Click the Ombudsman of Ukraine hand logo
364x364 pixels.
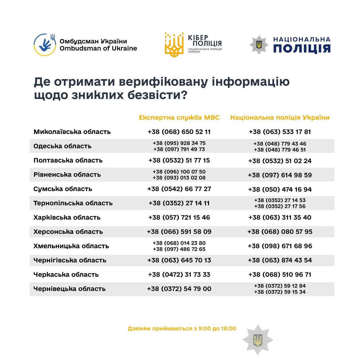[x=44, y=45]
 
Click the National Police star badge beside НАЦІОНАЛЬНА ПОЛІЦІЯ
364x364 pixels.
[x=259, y=45]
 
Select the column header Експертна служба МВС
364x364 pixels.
[x=179, y=117]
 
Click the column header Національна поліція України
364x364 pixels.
[x=280, y=117]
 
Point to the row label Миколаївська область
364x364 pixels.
[x=72, y=132]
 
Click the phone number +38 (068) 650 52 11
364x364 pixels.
[x=179, y=132]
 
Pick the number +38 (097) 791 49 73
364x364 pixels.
[x=179, y=149]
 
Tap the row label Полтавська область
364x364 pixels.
[x=68, y=160]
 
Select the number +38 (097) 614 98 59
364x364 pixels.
[x=280, y=175]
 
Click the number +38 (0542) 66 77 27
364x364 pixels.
[x=179, y=189]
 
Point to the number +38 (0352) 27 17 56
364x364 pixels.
[x=280, y=206]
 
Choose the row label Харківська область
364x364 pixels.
[x=67, y=217]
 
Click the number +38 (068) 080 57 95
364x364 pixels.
[x=280, y=231]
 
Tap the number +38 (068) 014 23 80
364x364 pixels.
[x=179, y=243]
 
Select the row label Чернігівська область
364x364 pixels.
[x=70, y=260]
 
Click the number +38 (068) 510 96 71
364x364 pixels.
[x=280, y=274]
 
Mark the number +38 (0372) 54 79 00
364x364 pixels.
[x=179, y=289]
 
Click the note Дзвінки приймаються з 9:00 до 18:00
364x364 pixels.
[x=182, y=328]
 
